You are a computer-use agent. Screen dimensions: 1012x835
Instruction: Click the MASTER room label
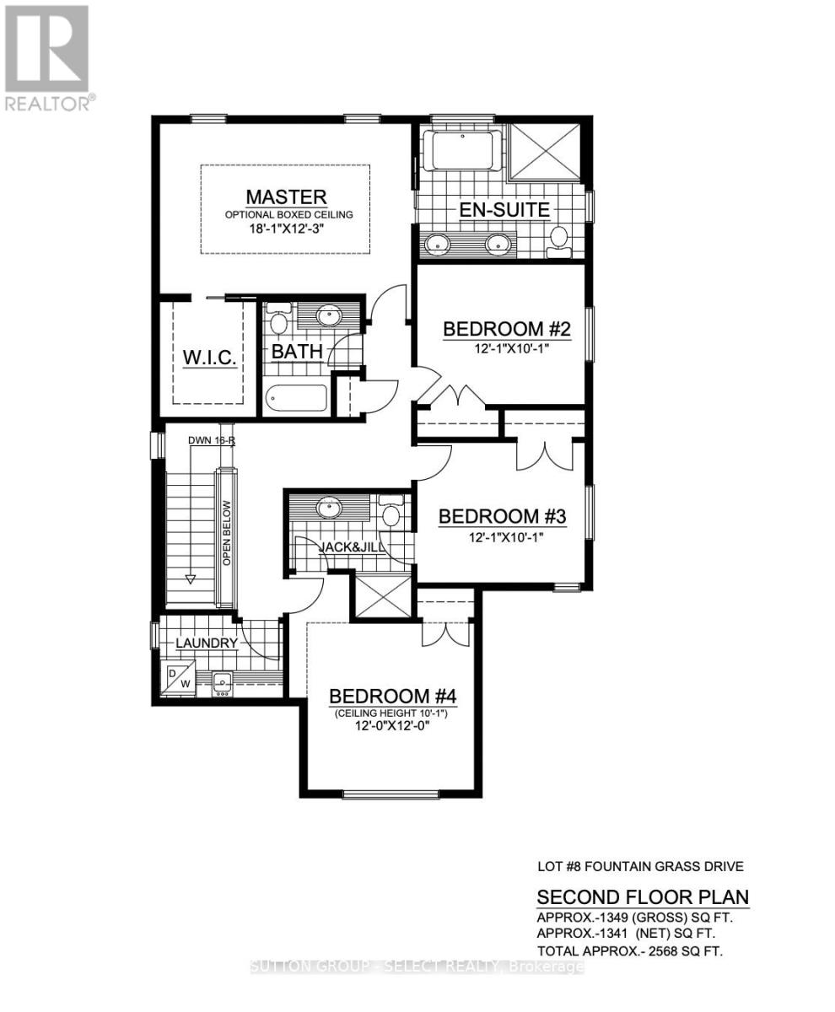coord(286,197)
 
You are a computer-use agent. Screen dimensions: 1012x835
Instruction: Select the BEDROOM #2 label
coord(507,329)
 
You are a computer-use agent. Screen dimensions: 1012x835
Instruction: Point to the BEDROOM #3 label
coord(501,516)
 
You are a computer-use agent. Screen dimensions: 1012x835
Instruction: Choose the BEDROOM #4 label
coord(392,697)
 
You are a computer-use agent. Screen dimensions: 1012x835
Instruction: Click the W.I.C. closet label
coord(209,358)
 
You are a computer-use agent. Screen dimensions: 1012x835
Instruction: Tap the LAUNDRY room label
coord(207,643)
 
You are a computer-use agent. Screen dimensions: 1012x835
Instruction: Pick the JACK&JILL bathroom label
coord(353,546)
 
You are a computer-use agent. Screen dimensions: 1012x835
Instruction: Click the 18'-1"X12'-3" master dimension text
coord(288,229)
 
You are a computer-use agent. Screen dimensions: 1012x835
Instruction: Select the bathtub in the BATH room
coord(295,398)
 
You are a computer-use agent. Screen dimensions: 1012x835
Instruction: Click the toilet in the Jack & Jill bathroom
coord(391,514)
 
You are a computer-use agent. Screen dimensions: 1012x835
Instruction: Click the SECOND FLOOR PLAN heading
coord(643,896)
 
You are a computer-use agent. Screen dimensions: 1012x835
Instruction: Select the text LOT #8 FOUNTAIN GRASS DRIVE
coord(640,866)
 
